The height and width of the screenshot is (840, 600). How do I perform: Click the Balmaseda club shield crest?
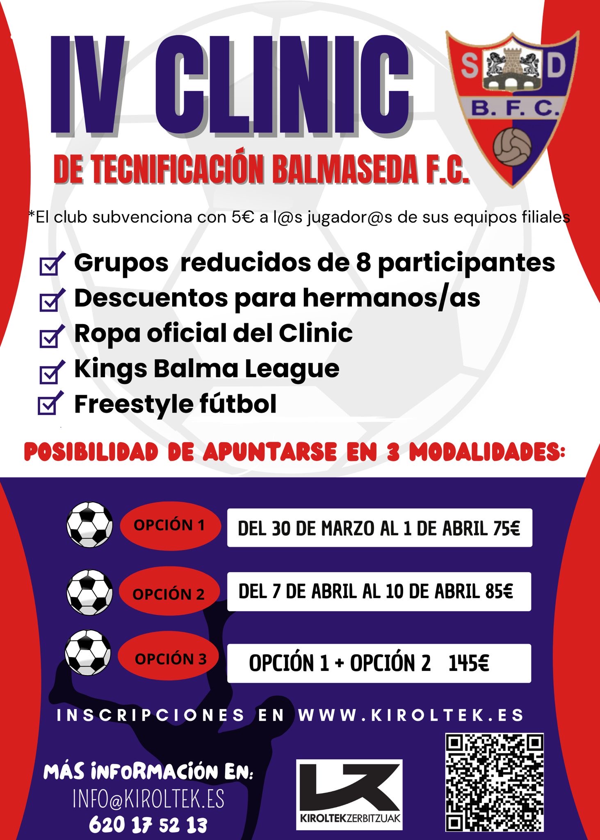point(512,107)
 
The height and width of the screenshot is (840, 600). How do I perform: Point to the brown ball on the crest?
point(512,147)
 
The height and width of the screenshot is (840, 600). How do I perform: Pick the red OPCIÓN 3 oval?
point(169,658)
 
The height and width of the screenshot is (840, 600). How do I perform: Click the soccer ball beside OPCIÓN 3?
point(88,653)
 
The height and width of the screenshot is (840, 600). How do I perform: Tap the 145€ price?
point(468,663)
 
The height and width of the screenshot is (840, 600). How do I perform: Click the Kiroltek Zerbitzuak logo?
point(349,795)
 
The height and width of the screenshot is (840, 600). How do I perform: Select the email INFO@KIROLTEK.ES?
point(148,799)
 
